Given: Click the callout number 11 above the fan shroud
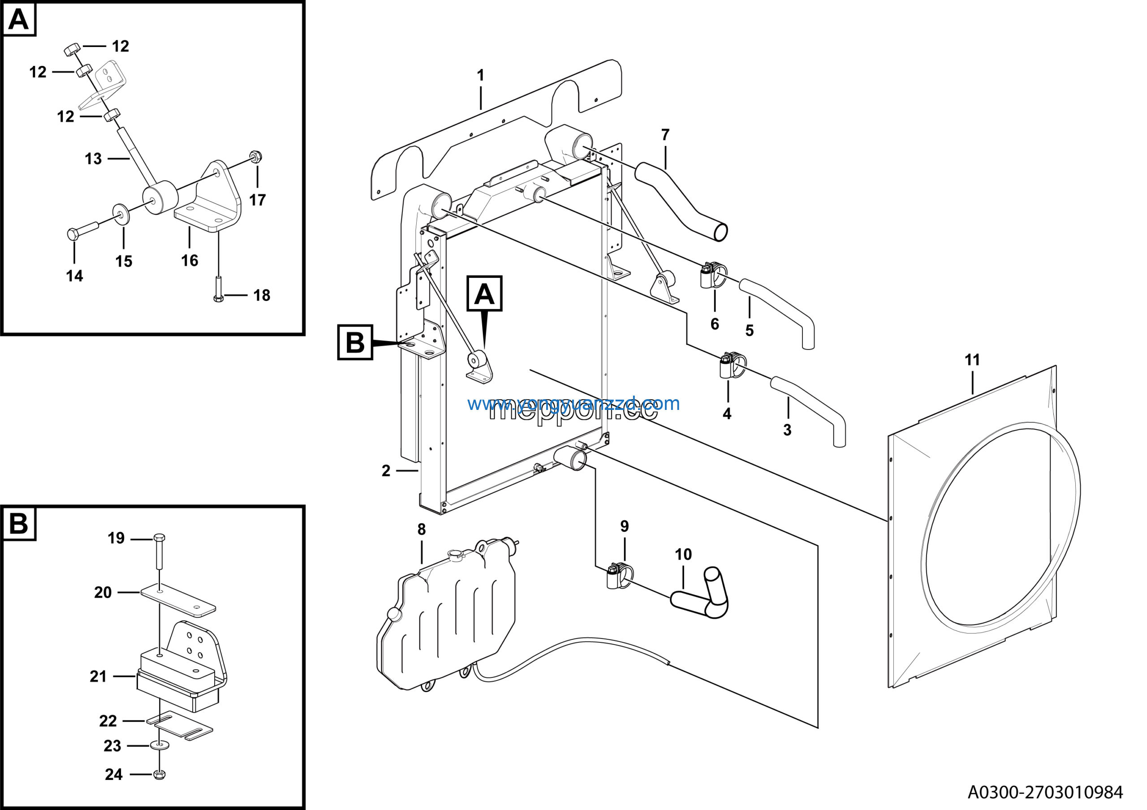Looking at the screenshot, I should pos(972,360).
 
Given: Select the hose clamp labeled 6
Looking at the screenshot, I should pos(713,275).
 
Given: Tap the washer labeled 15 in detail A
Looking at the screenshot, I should pos(121,214).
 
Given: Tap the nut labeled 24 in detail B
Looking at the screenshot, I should pos(160,775).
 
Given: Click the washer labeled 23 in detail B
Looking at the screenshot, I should pos(160,745).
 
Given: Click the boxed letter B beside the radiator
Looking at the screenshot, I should pos(355,343).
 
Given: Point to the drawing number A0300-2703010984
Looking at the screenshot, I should pos(1045,792).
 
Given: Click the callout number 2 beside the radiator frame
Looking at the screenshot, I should pos(386,471).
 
